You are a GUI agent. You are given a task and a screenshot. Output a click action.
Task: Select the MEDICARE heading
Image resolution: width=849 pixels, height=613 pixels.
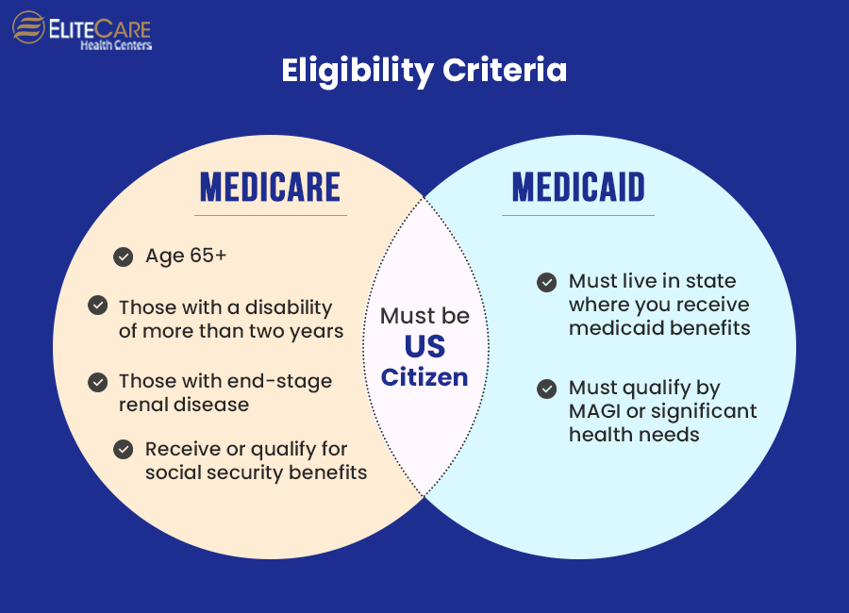coord(270,188)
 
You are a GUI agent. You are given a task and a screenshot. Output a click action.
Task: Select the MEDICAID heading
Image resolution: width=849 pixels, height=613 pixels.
coord(578,188)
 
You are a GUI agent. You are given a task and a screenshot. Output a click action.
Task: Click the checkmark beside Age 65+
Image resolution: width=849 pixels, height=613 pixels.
coord(123,257)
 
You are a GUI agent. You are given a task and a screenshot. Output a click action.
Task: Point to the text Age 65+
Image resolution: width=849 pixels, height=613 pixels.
coord(186,256)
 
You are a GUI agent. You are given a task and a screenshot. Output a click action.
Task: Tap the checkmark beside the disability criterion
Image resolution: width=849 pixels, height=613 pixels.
coord(97,306)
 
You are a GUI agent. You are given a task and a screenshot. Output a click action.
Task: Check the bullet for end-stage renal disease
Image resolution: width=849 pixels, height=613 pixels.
coord(97,382)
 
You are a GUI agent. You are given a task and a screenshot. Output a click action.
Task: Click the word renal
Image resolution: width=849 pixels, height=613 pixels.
coord(145,405)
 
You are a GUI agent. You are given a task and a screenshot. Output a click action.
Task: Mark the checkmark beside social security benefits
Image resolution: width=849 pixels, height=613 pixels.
coord(123,450)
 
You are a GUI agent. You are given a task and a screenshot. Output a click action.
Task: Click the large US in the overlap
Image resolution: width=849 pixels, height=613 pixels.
coord(424,346)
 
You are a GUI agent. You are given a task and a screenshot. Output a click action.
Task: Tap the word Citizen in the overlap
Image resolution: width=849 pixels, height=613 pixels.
coord(424,377)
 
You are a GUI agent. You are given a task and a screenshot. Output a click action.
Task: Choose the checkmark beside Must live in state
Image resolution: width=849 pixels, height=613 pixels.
coord(546,281)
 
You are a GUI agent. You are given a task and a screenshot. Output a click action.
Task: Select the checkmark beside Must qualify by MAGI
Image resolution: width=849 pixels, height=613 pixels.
coord(546,388)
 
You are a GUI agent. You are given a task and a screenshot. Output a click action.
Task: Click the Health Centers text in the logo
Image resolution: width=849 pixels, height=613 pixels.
coord(115,44)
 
